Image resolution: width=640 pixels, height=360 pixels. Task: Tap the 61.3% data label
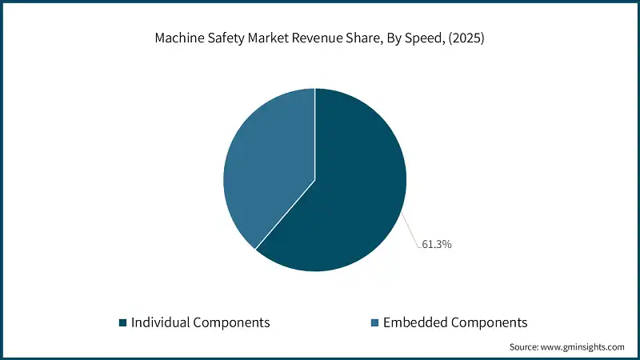436,244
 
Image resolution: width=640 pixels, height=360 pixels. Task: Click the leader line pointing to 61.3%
410,229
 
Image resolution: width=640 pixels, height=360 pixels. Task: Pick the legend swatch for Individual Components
122,322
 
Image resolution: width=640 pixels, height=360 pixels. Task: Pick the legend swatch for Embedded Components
374,322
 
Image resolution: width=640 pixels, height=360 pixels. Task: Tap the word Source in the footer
526,347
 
